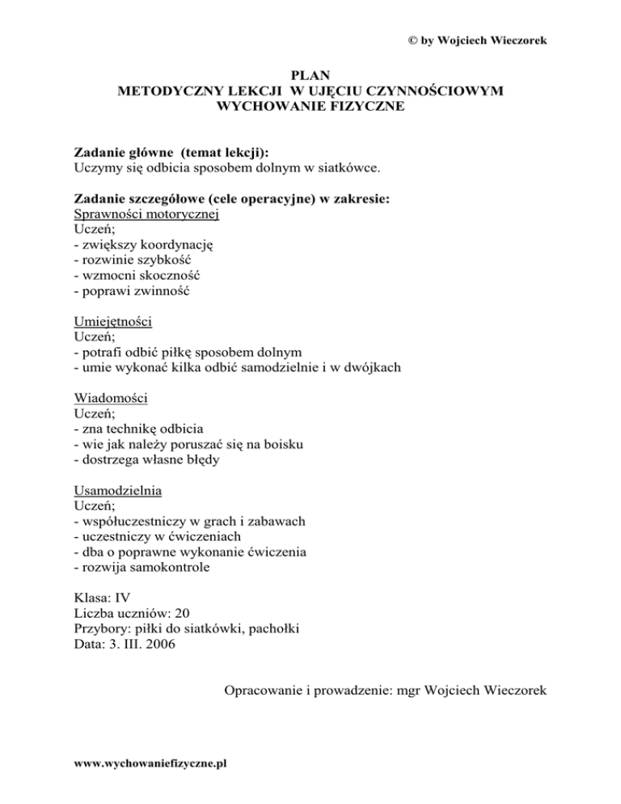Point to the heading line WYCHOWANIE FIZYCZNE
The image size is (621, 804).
[x=310, y=106]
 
